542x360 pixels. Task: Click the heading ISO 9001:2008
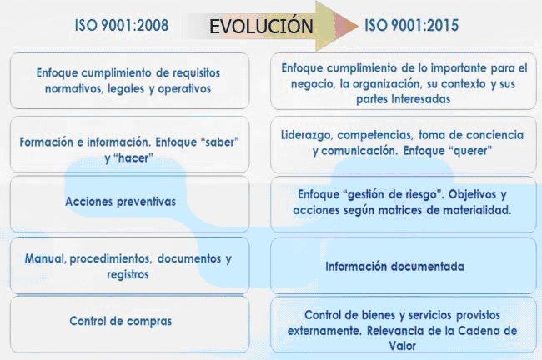tap(122, 25)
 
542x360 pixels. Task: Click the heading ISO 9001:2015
tap(412, 25)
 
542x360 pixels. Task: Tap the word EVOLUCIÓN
tap(261, 27)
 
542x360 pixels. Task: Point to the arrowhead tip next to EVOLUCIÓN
tap(359, 27)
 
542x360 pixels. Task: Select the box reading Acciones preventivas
tap(129, 203)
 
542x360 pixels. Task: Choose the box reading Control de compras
tap(129, 324)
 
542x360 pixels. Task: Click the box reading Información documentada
tap(404, 265)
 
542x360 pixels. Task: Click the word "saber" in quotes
tap(218, 142)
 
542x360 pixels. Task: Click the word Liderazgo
tap(307, 135)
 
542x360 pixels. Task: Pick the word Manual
tap(45, 258)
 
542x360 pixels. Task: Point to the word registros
tap(128, 274)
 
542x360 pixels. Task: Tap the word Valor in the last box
tap(403, 346)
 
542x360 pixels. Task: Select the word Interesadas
tap(420, 99)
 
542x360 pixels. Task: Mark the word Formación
tap(47, 142)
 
